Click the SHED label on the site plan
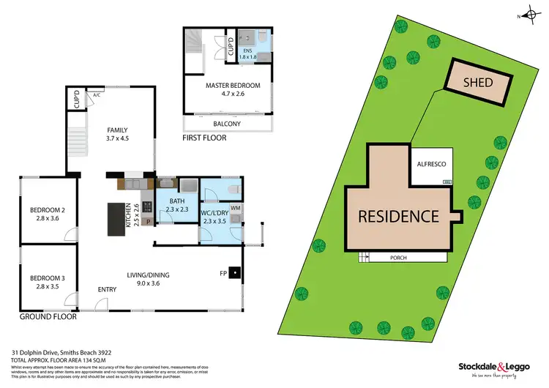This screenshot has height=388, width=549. coord(479,82)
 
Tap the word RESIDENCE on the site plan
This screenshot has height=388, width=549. coord(398,216)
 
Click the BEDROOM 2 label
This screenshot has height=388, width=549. coord(48,214)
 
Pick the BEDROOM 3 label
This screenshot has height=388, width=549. coord(48,282)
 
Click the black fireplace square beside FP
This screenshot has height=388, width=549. coord(234,273)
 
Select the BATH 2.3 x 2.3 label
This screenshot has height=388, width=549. coord(177,206)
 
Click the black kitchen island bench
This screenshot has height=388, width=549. coord(116,219)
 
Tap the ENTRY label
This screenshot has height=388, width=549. coord(107,290)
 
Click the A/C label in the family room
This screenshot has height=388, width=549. coord(97,95)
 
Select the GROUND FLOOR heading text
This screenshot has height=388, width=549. coord(47,317)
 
